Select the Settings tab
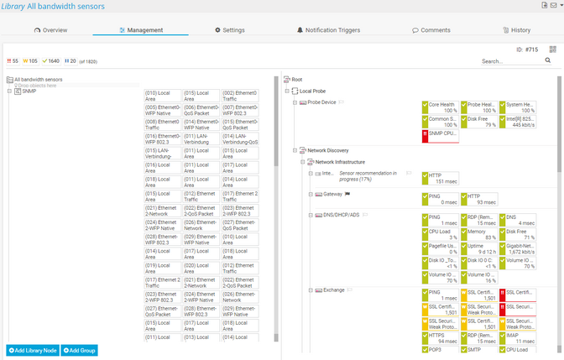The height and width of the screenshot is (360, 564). click(x=230, y=30)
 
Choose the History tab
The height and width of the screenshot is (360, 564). click(x=516, y=30)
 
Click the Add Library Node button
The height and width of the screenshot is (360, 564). click(x=32, y=349)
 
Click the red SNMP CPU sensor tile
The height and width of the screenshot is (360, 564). click(x=440, y=135)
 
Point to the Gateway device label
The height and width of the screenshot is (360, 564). click(x=332, y=194)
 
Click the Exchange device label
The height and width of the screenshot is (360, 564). click(x=334, y=290)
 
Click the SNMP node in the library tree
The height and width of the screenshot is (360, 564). click(x=29, y=91)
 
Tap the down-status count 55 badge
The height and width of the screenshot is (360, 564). click(x=13, y=61)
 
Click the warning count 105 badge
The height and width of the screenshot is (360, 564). click(x=31, y=61)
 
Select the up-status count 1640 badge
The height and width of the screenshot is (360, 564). click(x=51, y=61)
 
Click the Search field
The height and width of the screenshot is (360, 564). click(x=508, y=61)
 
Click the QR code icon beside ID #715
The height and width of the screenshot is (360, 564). click(x=553, y=50)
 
